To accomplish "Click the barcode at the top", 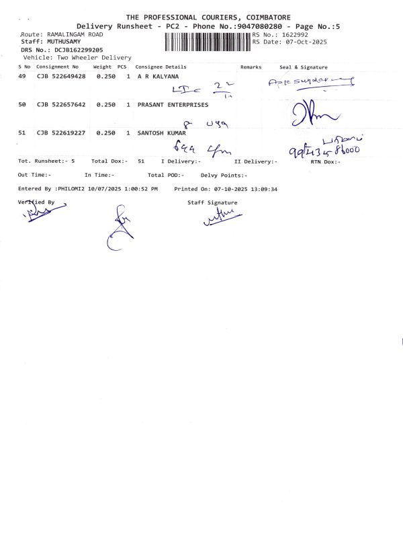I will point(207,42).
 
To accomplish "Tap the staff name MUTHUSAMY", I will point(64,42).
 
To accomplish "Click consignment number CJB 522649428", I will point(61,77).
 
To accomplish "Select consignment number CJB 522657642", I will point(61,105).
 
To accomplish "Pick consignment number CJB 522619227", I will point(61,133).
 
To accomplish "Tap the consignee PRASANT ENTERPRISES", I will point(173,105).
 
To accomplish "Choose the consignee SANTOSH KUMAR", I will point(161,133).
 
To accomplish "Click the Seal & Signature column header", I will point(303,67).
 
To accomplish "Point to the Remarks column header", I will point(250,67).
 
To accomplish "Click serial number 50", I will point(22,105).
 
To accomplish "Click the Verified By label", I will point(36,202).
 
